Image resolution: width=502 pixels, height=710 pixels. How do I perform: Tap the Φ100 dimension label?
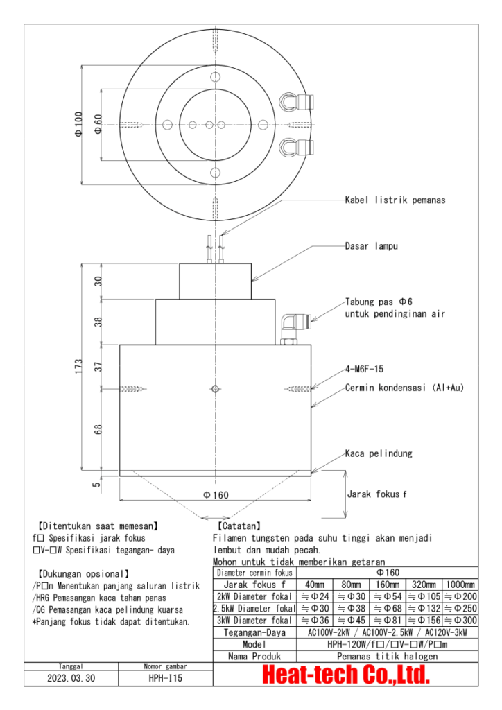(78, 125)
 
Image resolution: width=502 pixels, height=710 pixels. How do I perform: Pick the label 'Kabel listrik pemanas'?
(395, 200)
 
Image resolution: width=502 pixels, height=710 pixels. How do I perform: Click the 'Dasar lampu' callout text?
(372, 245)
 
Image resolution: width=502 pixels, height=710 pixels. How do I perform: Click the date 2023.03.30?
(71, 679)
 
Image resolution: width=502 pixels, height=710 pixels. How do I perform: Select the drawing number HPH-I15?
(165, 679)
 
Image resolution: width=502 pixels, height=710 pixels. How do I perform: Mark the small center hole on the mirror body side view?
(216, 388)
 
